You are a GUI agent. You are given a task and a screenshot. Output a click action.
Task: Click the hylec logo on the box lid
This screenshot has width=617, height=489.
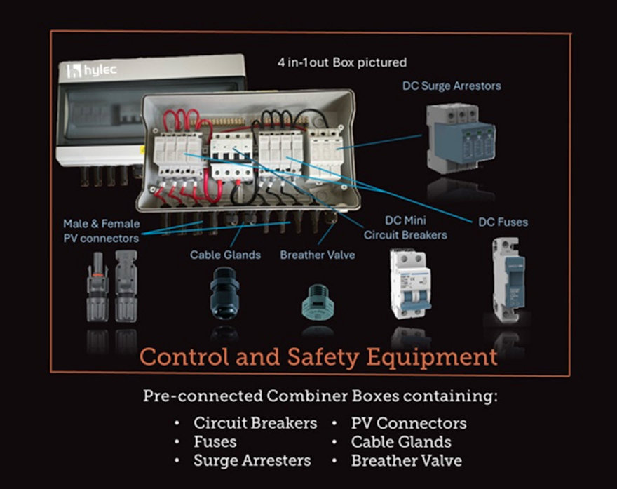pos(91,70)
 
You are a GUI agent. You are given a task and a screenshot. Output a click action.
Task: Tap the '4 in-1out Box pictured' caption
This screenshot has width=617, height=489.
pos(342,62)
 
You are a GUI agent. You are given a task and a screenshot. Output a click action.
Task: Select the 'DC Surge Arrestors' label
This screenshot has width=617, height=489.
pos(452,86)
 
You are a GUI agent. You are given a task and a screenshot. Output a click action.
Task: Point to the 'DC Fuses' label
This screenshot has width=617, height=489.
pos(503,222)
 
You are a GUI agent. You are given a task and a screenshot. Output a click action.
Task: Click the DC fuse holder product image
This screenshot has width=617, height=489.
pos(508,280)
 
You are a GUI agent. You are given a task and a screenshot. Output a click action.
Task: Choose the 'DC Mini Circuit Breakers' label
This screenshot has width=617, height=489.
pos(405,227)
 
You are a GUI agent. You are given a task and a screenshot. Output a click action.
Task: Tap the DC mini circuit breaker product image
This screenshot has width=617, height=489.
pos(410,283)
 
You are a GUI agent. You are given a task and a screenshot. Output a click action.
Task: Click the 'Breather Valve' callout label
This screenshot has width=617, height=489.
pos(318,255)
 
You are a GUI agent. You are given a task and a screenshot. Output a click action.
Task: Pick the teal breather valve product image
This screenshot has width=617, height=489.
pos(318,301)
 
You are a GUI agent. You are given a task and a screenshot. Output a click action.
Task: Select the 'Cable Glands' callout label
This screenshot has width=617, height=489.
pos(225,255)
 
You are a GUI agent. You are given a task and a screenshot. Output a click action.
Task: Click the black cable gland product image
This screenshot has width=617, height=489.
pos(224,293)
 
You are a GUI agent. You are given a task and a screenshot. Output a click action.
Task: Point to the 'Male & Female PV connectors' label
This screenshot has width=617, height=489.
pos(102,231)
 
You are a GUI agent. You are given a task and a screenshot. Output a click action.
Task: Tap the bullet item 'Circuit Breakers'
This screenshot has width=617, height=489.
pos(255,423)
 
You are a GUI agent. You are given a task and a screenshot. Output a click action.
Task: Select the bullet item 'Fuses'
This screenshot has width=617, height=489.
pos(215,442)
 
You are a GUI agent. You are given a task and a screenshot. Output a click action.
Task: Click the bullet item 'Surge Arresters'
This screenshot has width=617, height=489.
pos(252,461)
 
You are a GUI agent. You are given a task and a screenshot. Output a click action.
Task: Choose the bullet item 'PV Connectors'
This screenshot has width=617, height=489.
pos(409,423)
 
